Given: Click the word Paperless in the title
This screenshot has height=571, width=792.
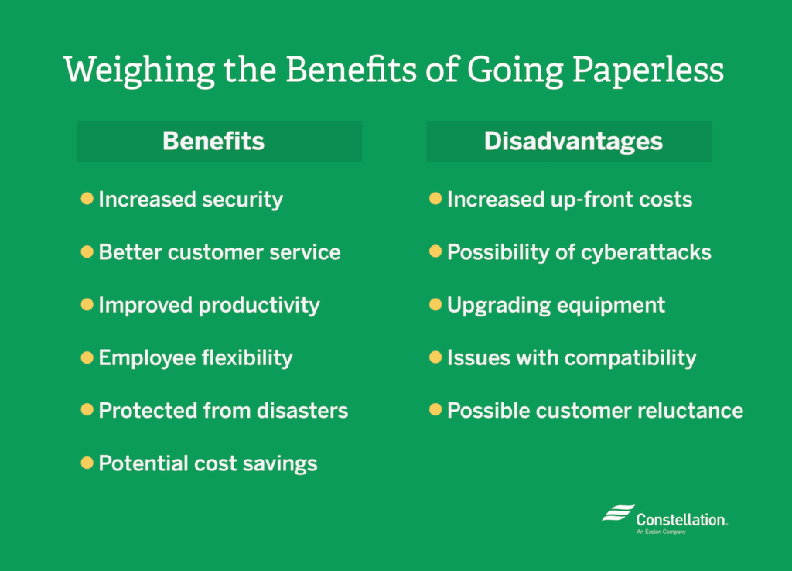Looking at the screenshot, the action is (648, 70).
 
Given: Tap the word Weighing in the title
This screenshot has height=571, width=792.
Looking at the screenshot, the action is (139, 70).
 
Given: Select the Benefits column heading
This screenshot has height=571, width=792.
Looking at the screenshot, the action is (213, 141).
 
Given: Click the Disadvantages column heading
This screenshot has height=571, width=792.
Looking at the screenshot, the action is (573, 142).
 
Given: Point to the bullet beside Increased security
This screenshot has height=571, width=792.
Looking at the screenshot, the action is (87, 198).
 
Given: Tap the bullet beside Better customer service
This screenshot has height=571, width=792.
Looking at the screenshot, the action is (87, 251).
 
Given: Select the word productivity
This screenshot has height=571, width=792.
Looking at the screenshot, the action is (259, 306).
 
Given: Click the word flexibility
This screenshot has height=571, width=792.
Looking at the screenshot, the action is (247, 357).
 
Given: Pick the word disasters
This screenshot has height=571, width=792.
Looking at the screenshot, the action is (302, 410).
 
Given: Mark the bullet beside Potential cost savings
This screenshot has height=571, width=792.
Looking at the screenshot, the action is (87, 463).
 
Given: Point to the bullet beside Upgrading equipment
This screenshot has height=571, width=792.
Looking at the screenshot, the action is (435, 304).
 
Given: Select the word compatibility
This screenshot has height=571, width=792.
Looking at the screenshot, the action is (630, 358).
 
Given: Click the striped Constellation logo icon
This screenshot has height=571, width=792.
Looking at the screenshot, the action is (618, 513).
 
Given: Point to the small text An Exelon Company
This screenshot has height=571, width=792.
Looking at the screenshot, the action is (661, 532).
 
